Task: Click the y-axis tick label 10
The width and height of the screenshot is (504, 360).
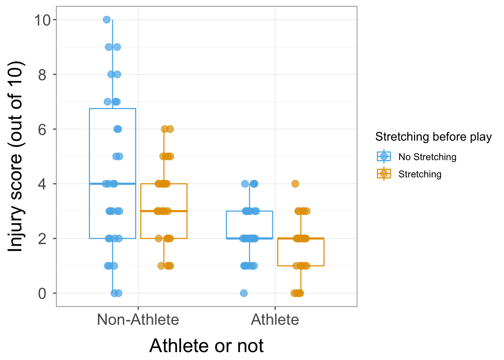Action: pos(42,20)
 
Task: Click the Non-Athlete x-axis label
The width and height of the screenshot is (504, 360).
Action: pos(138,320)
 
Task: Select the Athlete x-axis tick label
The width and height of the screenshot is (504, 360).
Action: pos(275,320)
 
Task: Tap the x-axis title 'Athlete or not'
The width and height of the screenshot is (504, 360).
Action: pos(206,346)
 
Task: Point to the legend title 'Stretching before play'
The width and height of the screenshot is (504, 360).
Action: pos(433,137)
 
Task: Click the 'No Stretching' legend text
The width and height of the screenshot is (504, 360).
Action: pos(427,157)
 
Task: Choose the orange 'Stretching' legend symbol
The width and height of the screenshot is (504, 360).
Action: pos(384,174)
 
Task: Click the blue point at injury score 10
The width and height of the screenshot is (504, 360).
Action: pos(106,19)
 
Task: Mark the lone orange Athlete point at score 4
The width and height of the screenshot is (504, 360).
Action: pos(295,184)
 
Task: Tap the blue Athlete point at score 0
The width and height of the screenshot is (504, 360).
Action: pos(244,293)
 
